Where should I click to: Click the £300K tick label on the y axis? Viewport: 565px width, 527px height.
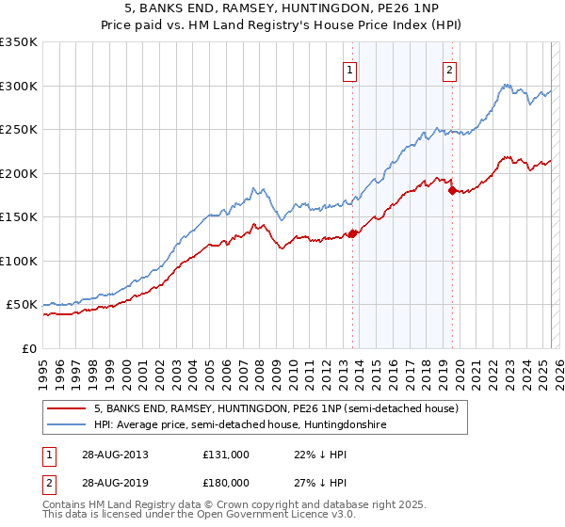[18, 86]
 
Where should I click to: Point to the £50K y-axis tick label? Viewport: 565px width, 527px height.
[22, 305]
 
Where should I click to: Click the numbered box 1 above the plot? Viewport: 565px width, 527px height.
[349, 69]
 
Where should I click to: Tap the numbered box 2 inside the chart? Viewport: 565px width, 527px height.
[450, 69]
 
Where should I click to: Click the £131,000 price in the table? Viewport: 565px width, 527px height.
[226, 455]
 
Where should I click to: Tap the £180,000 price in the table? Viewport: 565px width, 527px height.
[226, 482]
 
